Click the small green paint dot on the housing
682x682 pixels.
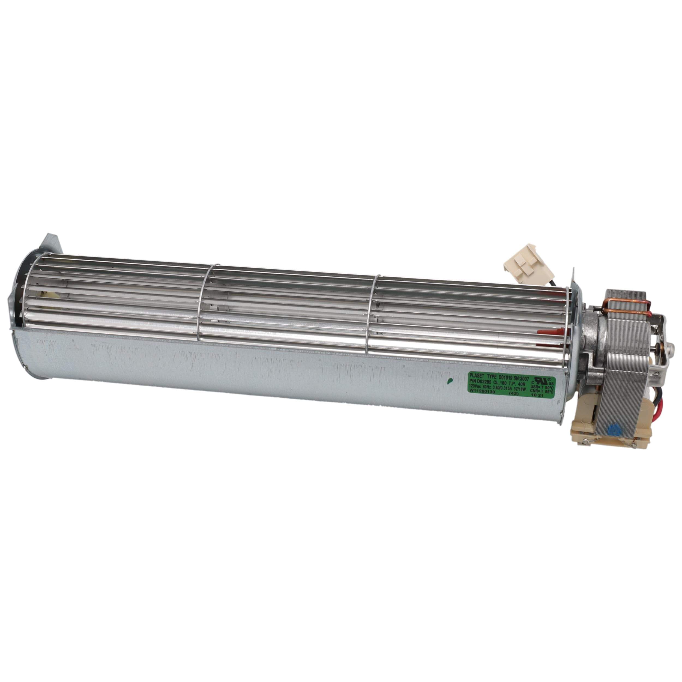point(449,381)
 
